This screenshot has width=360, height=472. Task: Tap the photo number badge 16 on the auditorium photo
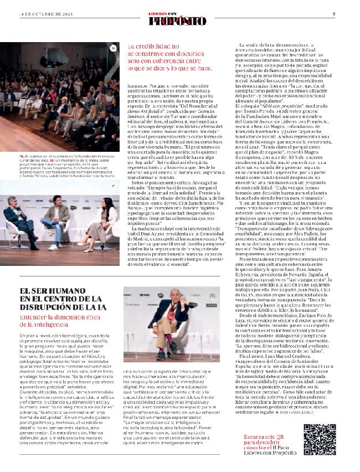(x=113, y=49)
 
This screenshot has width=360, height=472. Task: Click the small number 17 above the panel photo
(x=114, y=186)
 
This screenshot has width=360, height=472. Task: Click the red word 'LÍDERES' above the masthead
(x=166, y=13)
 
